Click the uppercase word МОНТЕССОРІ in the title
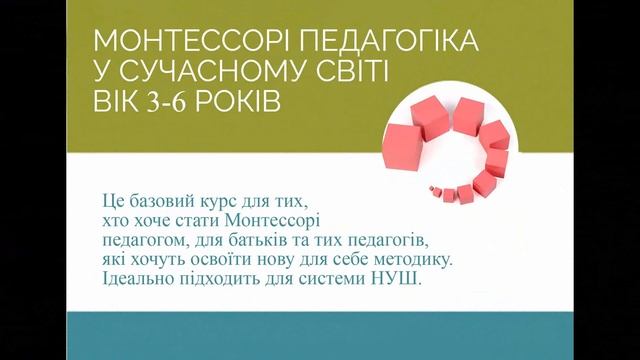click(x=180, y=43)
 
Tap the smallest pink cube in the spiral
click(x=433, y=187)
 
